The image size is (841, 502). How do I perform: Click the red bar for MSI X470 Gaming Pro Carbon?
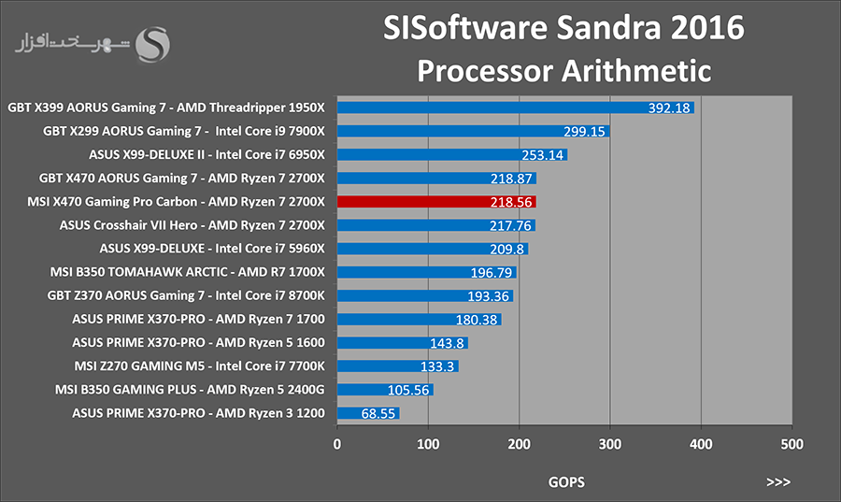pos(436,202)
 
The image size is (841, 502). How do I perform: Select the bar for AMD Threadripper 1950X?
pos(516,108)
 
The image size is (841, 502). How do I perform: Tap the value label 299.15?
pos(584,132)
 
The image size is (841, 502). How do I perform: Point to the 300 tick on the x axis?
pos(610,444)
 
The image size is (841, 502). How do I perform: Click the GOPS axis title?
pos(566,482)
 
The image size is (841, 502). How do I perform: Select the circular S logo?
pos(153,45)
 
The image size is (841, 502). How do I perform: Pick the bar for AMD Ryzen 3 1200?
pos(368,413)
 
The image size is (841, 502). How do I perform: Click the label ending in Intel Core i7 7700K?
pos(200,366)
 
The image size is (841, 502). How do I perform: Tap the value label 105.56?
pos(408,390)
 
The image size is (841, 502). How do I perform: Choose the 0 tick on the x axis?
pos(336,444)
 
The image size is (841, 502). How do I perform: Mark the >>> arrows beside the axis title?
pos(778,482)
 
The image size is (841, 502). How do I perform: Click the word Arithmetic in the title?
pos(636,71)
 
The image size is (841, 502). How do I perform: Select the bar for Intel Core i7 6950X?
pos(452,155)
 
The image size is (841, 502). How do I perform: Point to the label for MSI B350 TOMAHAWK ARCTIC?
pos(188,272)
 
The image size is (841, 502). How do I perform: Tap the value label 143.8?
pos(447,343)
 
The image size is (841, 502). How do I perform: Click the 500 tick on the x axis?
pos(792,444)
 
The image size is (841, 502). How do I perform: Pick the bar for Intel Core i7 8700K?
pos(425,296)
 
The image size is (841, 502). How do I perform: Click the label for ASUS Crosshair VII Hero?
pos(192,225)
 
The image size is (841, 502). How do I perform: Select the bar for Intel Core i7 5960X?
pos(433,249)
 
